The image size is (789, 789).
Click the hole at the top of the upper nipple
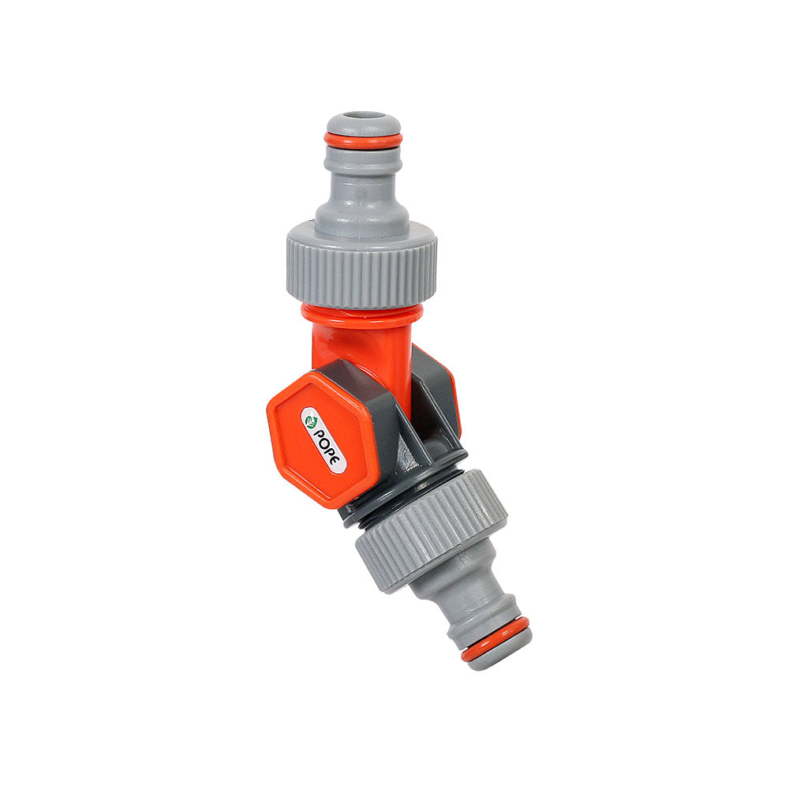[363, 120]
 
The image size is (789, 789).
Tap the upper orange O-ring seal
[363, 139]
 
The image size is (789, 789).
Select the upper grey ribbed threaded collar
[362, 266]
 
